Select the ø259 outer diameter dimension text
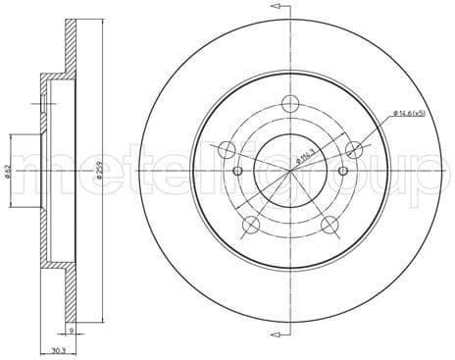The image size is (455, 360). [x=99, y=171]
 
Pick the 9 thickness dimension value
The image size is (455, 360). [x=72, y=331]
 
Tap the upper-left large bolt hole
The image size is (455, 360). [x=227, y=150]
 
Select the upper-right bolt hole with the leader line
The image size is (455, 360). [x=354, y=150]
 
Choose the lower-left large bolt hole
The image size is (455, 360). [x=251, y=226]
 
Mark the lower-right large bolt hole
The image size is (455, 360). [x=330, y=226]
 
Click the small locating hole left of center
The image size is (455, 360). [x=238, y=172]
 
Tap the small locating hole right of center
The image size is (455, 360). [x=342, y=172]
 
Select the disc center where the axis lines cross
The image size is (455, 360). [x=290, y=172]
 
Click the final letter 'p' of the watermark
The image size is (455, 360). [x=432, y=177]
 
